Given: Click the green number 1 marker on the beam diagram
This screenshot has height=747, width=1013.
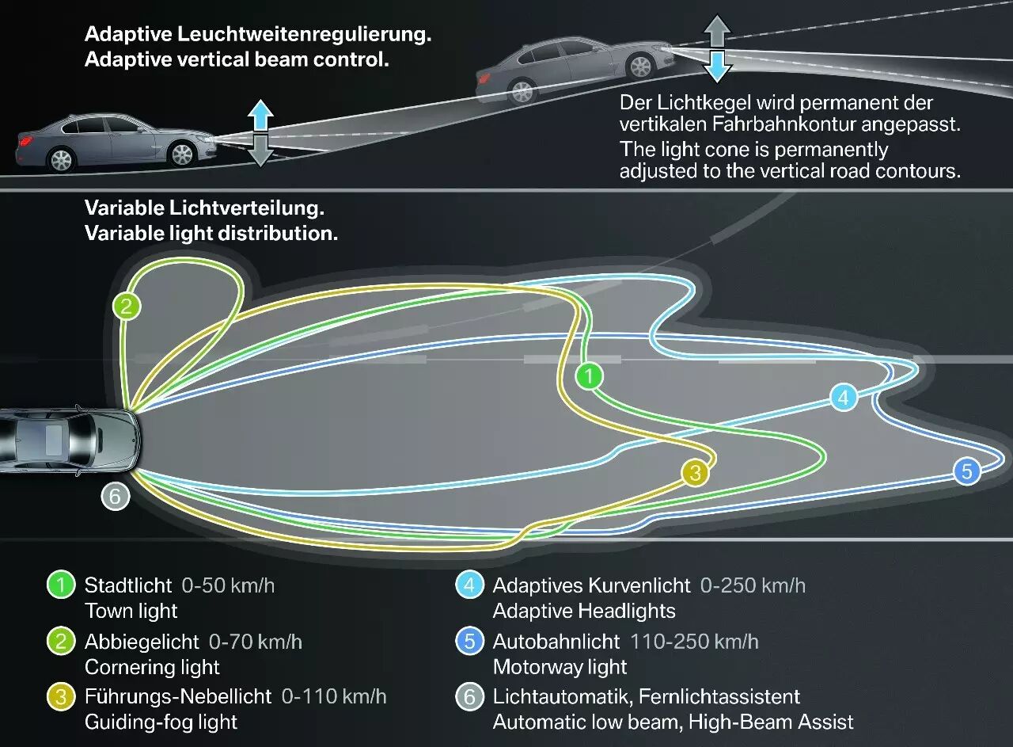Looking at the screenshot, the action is click(x=589, y=375).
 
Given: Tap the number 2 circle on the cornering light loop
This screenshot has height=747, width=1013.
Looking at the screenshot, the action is click(x=127, y=306).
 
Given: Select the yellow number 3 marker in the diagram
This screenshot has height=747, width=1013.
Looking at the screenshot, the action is click(x=695, y=473).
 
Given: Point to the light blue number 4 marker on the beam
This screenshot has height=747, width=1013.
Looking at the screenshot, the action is click(x=844, y=398).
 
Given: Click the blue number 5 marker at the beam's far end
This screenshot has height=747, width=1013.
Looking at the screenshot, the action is click(x=967, y=471).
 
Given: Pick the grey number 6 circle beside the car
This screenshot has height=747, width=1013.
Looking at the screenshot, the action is click(x=116, y=496).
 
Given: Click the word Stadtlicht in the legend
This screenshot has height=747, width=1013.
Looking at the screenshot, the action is click(x=128, y=585).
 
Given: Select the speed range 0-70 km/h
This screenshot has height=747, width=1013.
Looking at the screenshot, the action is click(x=256, y=642).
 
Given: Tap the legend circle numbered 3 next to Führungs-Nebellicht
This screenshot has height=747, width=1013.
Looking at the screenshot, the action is click(x=61, y=697).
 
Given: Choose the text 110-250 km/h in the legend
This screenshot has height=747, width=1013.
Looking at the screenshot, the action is click(x=694, y=642).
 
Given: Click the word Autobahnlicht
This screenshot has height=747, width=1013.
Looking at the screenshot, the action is click(x=556, y=642).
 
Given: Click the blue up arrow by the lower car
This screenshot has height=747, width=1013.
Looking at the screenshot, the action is click(x=260, y=116).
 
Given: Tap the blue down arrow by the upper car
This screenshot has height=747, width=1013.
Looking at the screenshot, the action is click(x=717, y=66).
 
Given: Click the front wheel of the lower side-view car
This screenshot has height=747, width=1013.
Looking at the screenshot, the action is click(x=182, y=154).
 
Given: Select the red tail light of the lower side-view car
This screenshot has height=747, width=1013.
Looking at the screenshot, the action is click(x=24, y=141).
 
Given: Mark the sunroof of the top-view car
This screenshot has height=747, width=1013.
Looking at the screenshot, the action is click(x=55, y=440).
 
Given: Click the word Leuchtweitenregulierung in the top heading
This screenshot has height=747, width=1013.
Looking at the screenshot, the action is click(x=305, y=35).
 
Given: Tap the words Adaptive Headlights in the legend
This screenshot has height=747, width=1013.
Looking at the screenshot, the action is click(x=584, y=612).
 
